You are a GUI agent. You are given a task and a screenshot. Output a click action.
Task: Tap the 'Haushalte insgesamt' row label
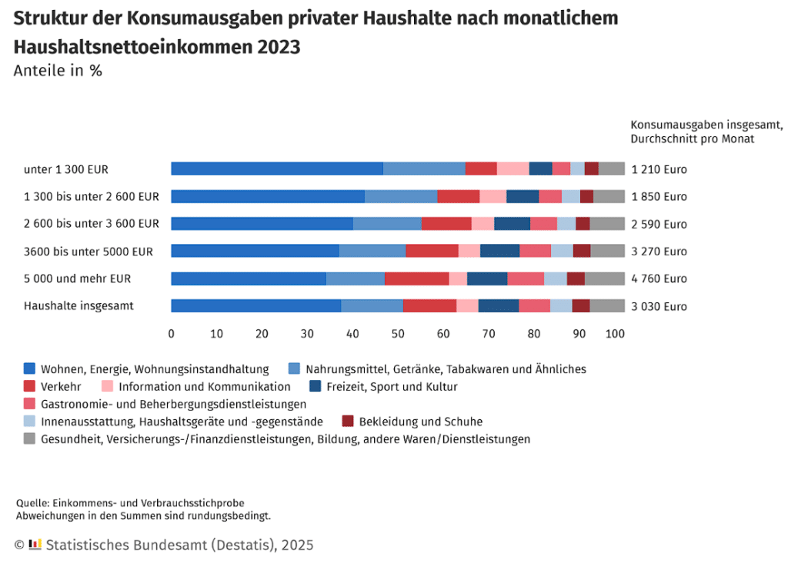(x=78, y=305)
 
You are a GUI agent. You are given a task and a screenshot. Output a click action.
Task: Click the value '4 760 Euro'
(x=659, y=278)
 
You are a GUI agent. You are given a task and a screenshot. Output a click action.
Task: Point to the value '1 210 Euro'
(x=659, y=169)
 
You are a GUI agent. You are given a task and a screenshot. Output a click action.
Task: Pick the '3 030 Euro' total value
(x=659, y=305)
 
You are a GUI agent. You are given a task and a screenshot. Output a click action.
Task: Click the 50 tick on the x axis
(x=398, y=334)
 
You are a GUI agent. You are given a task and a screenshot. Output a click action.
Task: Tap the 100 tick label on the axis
(x=615, y=334)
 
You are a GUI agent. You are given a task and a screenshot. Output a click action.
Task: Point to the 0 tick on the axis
(x=171, y=334)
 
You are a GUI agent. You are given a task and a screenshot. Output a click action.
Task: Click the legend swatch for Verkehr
(x=30, y=386)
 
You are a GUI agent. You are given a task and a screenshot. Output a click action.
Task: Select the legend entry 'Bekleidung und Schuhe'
(x=420, y=422)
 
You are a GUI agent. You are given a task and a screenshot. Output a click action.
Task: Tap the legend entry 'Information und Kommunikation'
(x=204, y=386)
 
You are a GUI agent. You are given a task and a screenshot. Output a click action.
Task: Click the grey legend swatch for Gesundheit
(x=30, y=439)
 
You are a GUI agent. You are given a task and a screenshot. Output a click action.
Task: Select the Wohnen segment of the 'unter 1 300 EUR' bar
(x=277, y=169)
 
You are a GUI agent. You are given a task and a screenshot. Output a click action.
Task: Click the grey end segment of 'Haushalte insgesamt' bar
(x=607, y=305)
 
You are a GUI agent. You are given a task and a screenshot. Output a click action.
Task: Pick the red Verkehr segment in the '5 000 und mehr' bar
(x=416, y=278)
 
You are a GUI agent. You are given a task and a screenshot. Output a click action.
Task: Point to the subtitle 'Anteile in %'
(x=58, y=71)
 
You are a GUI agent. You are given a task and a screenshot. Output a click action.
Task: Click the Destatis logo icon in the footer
(x=35, y=545)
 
